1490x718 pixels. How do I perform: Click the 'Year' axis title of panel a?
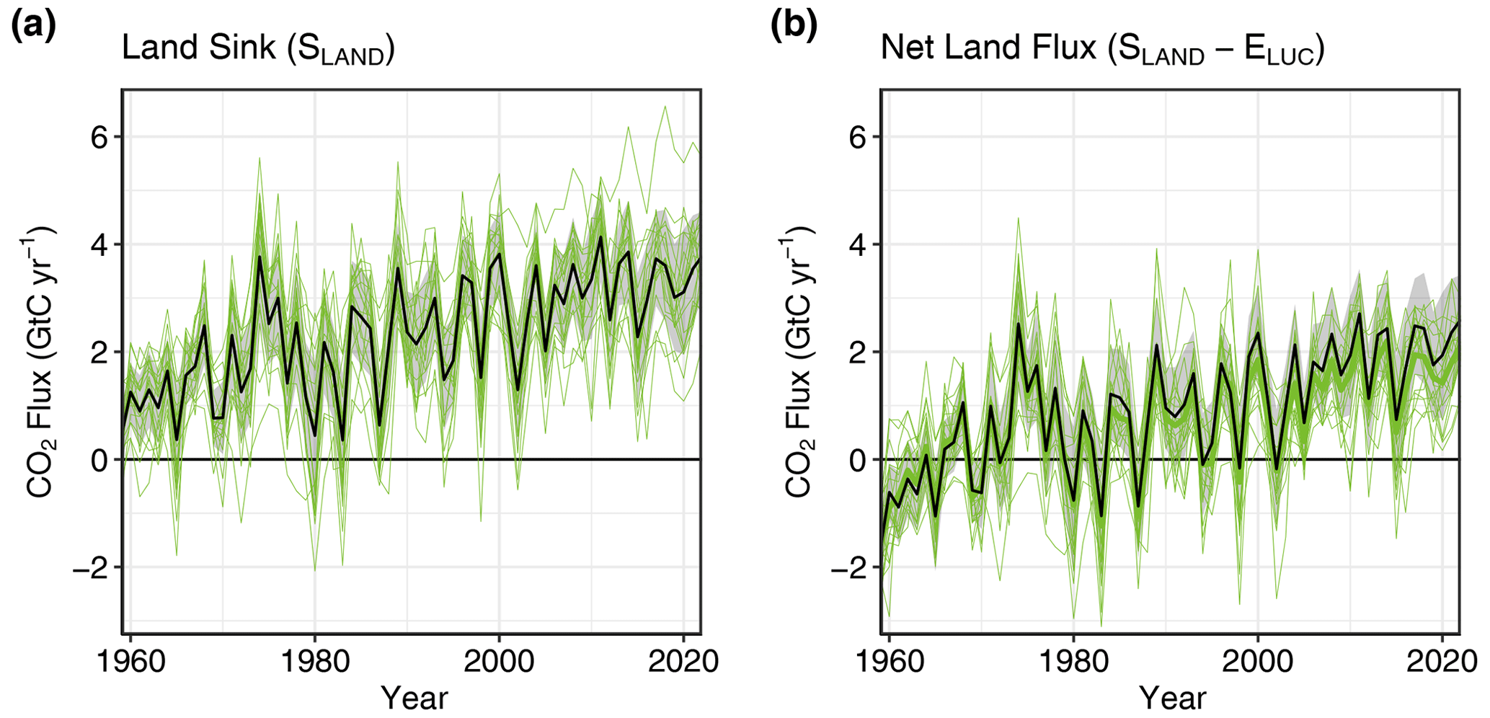414,698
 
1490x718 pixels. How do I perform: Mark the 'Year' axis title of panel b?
1172,698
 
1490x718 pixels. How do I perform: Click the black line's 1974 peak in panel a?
260,257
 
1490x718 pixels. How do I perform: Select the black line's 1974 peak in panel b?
1019,323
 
